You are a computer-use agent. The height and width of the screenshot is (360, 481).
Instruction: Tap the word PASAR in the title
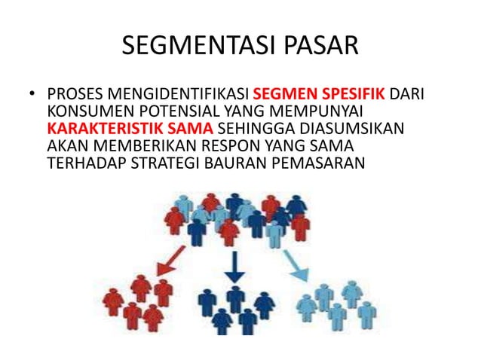tap(317, 47)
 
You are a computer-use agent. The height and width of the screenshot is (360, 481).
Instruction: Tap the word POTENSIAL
tap(165, 111)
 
